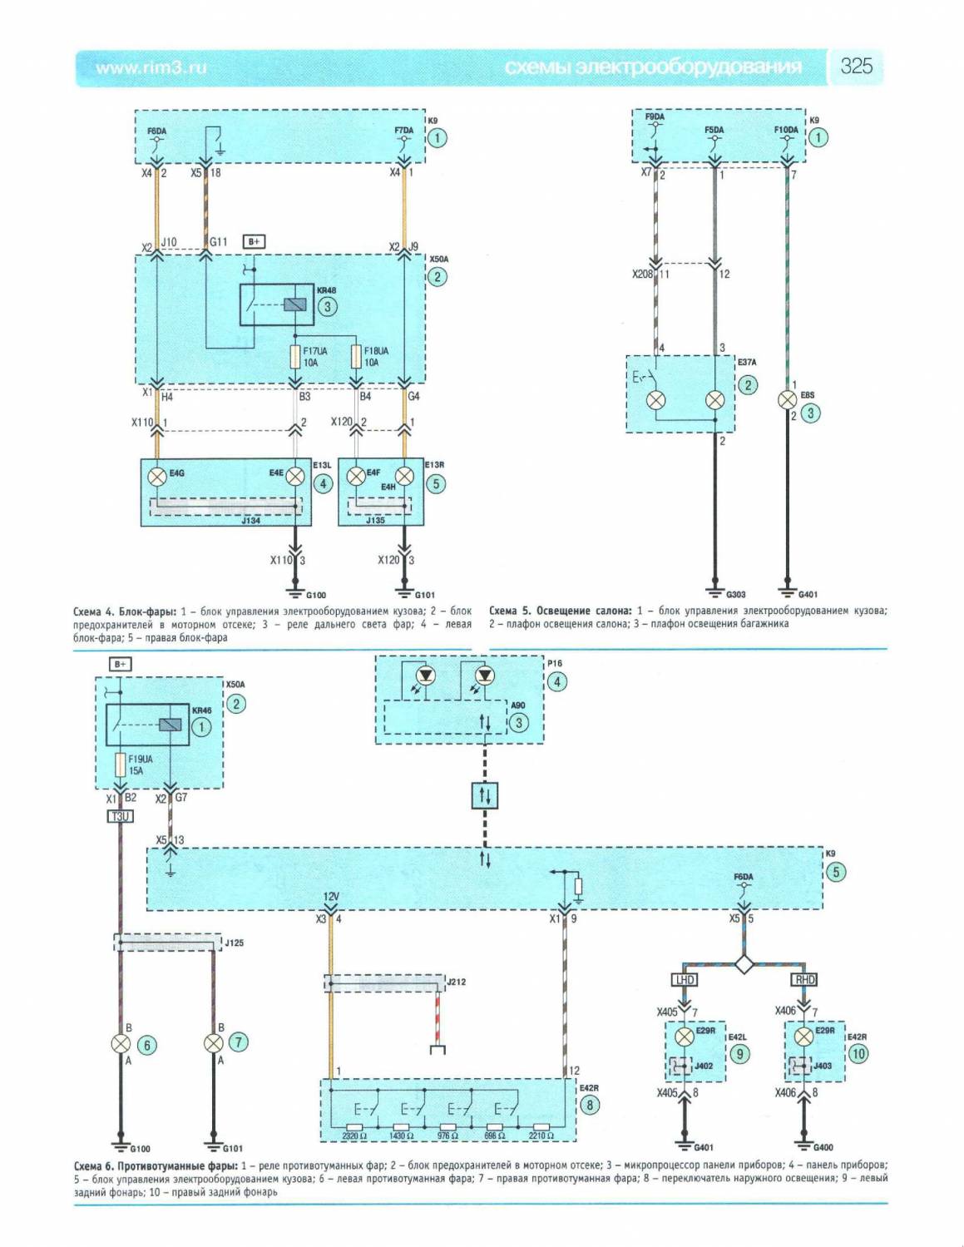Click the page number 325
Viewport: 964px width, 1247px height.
[856, 67]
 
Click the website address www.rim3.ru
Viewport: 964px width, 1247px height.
[151, 68]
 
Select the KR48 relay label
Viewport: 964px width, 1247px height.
[326, 290]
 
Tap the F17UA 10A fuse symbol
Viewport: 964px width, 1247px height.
[294, 357]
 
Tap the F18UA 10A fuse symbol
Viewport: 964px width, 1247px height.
[356, 357]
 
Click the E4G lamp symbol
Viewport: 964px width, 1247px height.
[157, 477]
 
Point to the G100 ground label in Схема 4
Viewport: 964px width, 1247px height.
[316, 596]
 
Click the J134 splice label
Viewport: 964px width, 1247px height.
[250, 521]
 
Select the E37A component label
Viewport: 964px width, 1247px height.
[747, 363]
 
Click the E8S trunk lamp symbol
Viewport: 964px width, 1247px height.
[786, 401]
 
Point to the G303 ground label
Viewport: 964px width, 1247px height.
[735, 595]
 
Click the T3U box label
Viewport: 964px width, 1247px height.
[121, 817]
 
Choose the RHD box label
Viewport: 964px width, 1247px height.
[804, 979]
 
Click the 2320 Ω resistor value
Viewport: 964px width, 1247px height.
[354, 1136]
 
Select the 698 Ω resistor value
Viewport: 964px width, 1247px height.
[495, 1136]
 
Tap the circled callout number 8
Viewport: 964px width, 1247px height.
[590, 1105]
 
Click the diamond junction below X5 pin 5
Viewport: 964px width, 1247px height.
[744, 964]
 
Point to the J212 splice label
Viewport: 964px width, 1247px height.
[457, 982]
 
